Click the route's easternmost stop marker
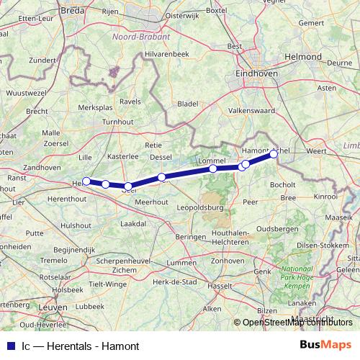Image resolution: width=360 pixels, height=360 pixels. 274,153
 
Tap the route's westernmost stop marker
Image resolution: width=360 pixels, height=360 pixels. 86,181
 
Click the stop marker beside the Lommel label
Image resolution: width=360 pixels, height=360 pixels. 213,168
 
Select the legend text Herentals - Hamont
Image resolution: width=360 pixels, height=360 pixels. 84,346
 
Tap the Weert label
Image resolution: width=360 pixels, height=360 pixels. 316,150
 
